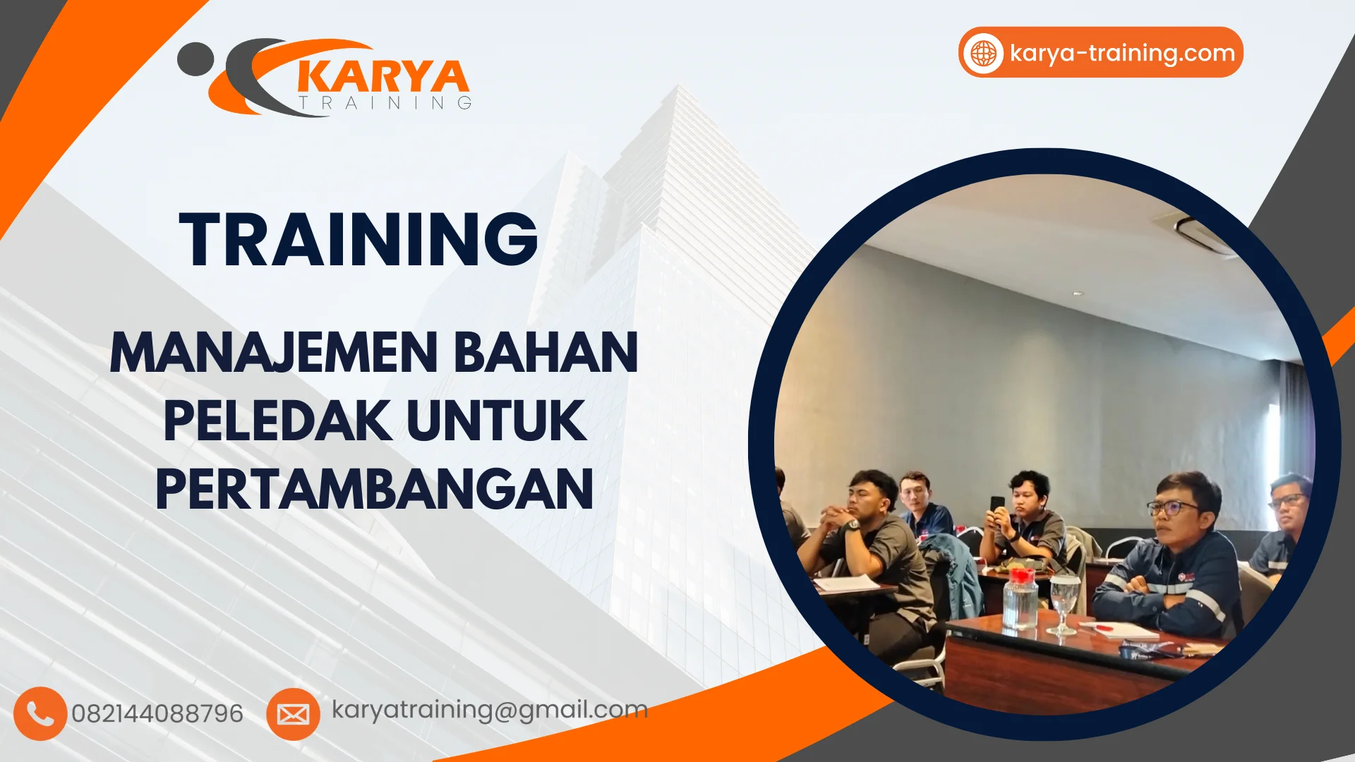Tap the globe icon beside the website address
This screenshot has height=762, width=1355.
pos(983,53)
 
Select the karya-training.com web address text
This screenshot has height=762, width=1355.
pos(1122,53)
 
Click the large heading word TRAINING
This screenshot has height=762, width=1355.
pos(359,240)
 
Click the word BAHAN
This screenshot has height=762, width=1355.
pos(546,352)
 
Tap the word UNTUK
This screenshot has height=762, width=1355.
pos(497,421)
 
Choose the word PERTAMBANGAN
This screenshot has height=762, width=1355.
pos(374,490)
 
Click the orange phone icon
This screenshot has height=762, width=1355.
pos(40,713)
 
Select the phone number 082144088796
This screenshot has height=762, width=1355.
pos(157,714)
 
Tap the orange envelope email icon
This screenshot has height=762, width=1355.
pos(293,714)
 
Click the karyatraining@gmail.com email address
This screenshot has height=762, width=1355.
pos(490,710)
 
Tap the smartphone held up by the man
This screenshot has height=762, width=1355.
pos(997,505)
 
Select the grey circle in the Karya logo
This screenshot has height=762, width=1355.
pos(195,59)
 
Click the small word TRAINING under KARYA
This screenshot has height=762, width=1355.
pos(385,103)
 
